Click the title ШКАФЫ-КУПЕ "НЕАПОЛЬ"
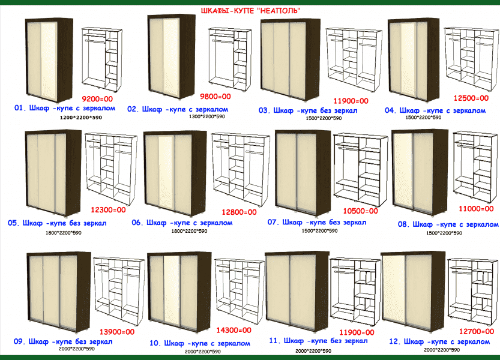(x=250, y=11)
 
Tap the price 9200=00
(x=97, y=99)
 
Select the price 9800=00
(x=215, y=96)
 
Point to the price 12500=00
(x=471, y=98)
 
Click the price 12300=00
(x=108, y=210)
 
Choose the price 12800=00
(x=239, y=212)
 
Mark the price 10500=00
(x=360, y=211)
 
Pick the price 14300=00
(x=233, y=331)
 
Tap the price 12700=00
(x=477, y=332)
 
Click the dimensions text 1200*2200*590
(x=81, y=118)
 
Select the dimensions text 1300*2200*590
(x=206, y=117)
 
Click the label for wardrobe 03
(x=308, y=110)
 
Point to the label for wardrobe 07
(x=317, y=222)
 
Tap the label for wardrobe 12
(x=439, y=341)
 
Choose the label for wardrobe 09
(x=63, y=341)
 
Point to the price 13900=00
(x=116, y=332)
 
